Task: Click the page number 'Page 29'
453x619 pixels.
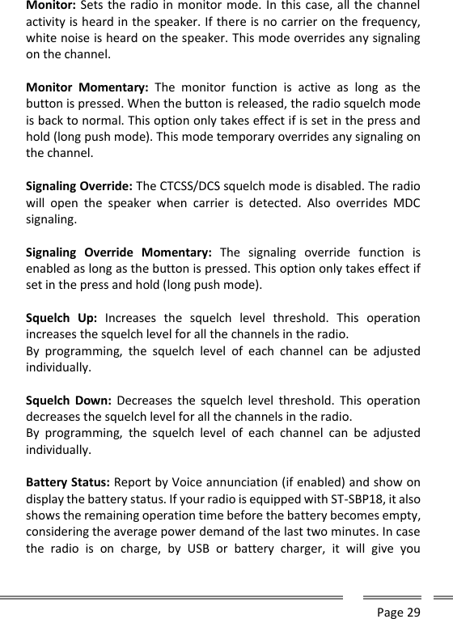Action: pyautogui.click(x=399, y=612)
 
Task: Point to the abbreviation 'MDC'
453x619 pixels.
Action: pyautogui.click(x=404, y=200)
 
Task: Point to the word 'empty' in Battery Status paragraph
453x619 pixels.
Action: pyautogui.click(x=400, y=518)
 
